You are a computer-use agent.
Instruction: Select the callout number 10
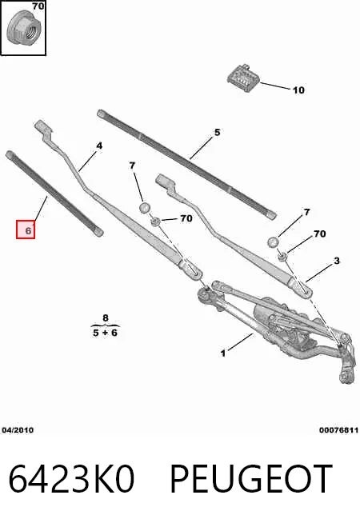pyautogui.click(x=298, y=90)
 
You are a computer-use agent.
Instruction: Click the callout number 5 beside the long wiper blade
pyautogui.click(x=218, y=133)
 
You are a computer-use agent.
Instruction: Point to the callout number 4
pyautogui.click(x=99, y=146)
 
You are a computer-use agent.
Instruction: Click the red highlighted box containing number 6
pyautogui.click(x=26, y=230)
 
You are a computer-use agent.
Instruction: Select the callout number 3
pyautogui.click(x=337, y=261)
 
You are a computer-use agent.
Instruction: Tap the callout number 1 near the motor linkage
pyautogui.click(x=223, y=353)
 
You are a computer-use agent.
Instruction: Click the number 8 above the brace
pyautogui.click(x=106, y=317)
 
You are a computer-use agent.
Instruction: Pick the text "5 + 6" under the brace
pyautogui.click(x=105, y=333)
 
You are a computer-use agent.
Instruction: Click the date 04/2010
pyautogui.click(x=18, y=430)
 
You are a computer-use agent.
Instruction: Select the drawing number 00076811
pyautogui.click(x=338, y=430)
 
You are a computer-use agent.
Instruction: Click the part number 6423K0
pyautogui.click(x=71, y=479)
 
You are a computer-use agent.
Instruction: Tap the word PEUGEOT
pyautogui.click(x=251, y=479)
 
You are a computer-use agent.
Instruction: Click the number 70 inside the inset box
pyautogui.click(x=38, y=6)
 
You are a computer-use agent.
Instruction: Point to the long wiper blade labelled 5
pyautogui.click(x=187, y=164)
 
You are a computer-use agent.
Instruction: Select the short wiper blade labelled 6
pyautogui.click(x=54, y=194)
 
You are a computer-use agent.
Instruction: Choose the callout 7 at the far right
pyautogui.click(x=307, y=212)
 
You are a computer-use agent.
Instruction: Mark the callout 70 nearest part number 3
pyautogui.click(x=319, y=234)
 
